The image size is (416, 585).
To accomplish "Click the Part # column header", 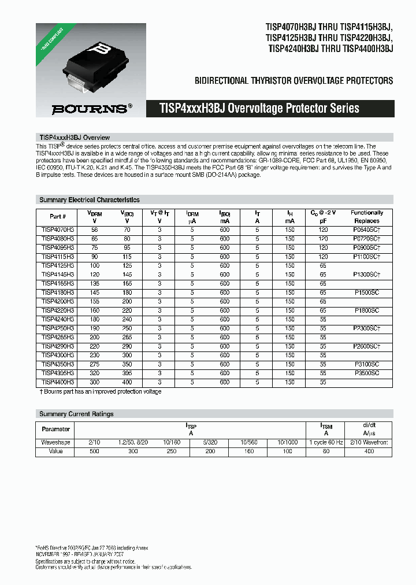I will pyautogui.click(x=58, y=217).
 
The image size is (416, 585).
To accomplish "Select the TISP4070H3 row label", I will pyautogui.click(x=58, y=229).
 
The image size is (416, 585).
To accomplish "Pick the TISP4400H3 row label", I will pyautogui.click(x=58, y=382).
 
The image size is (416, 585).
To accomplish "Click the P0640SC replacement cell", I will pyautogui.click(x=367, y=229).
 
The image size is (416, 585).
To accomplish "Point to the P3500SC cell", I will pyautogui.click(x=367, y=373).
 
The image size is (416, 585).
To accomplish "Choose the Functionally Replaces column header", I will pyautogui.click(x=367, y=217).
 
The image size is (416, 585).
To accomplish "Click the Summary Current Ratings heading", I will pyautogui.click(x=76, y=414).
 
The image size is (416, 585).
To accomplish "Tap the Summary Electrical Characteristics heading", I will pyautogui.click(x=90, y=200).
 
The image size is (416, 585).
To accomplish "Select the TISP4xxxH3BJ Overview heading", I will pyautogui.click(x=74, y=138).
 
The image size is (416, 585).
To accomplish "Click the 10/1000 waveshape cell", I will pyautogui.click(x=288, y=442).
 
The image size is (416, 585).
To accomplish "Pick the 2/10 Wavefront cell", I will pyautogui.click(x=367, y=442).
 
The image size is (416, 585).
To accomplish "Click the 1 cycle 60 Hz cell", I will pyautogui.click(x=326, y=442).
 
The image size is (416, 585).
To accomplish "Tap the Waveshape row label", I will pyautogui.click(x=56, y=442).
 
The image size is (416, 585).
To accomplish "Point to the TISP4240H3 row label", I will pyautogui.click(x=58, y=319).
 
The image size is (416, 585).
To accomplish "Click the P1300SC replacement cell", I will pyautogui.click(x=367, y=275).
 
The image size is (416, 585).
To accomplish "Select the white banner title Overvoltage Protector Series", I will pyautogui.click(x=259, y=108).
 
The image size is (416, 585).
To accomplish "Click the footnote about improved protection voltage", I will pyautogui.click(x=101, y=391).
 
